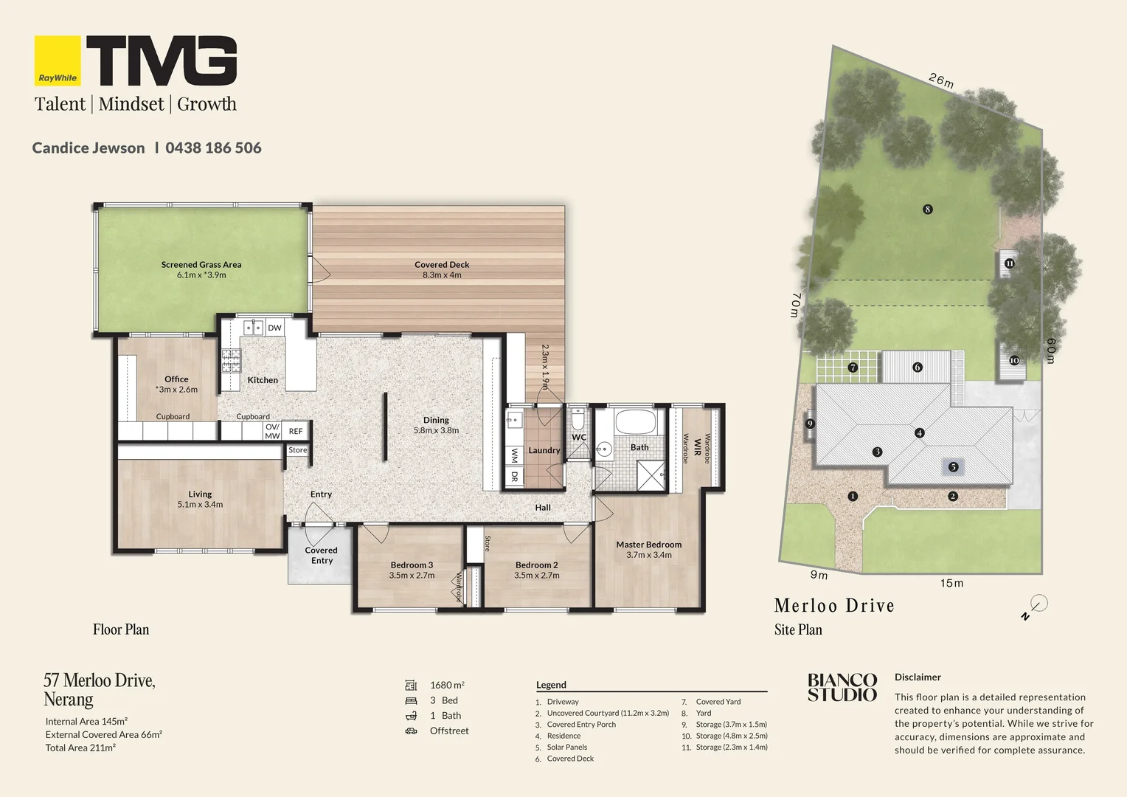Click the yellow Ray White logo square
point(58,61)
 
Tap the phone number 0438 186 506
point(213,148)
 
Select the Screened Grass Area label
point(201,269)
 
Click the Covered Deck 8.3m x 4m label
point(442,269)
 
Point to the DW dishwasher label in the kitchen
point(274,328)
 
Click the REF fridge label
point(296,431)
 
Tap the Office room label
point(176,384)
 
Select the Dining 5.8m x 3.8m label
point(436,425)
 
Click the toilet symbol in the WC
point(578,419)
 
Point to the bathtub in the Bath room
point(637,421)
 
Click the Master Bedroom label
point(649,549)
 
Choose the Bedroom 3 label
point(412,570)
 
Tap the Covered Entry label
point(322,556)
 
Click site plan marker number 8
point(928,209)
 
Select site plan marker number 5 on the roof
point(953,467)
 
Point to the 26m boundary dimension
point(941,80)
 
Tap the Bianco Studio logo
point(842,687)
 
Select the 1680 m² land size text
point(447,685)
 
